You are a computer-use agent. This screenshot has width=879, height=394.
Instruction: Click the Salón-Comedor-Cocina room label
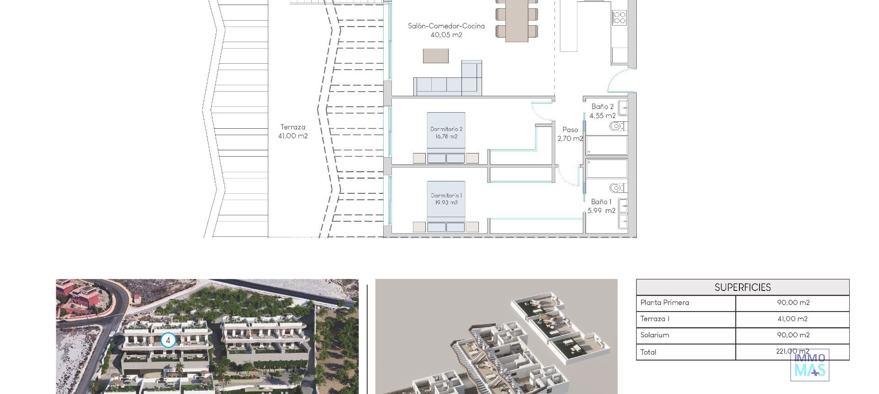[446, 30]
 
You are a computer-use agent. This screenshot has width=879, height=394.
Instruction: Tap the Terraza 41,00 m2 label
[293, 131]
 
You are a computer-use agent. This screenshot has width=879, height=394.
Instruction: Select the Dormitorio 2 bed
[446, 137]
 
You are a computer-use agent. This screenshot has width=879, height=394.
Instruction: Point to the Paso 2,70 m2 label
[570, 134]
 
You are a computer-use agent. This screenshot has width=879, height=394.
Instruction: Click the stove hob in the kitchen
[619, 18]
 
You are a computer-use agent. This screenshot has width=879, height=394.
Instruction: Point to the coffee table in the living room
[435, 56]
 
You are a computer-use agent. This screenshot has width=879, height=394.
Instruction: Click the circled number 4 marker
[168, 340]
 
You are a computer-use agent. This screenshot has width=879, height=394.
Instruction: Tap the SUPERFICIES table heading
[743, 287]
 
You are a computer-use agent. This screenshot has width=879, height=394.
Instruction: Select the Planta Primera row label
[665, 303]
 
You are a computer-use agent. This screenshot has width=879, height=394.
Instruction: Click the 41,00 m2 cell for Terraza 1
[792, 319]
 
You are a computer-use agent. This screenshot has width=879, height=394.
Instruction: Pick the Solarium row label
[655, 335]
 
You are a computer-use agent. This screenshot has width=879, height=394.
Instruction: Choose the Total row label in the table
[648, 352]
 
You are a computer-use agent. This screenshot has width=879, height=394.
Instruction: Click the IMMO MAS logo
[809, 365]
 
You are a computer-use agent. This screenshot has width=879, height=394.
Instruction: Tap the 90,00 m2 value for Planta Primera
[793, 303]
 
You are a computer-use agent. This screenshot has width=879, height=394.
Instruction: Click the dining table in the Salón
[516, 21]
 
